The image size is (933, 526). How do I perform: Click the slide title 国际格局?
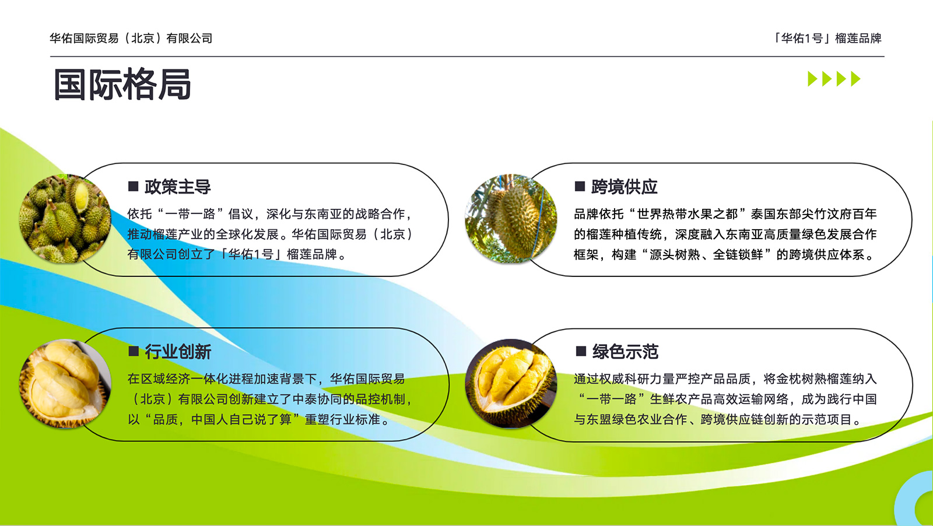[122, 85]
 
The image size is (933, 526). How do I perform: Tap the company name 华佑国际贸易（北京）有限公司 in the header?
[131, 38]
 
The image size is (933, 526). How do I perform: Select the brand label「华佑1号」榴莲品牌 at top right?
[827, 38]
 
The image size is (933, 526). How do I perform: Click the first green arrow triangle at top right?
[812, 79]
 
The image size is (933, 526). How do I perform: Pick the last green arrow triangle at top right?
[855, 79]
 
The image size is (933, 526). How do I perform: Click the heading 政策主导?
[178, 187]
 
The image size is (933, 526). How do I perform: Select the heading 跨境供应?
[624, 187]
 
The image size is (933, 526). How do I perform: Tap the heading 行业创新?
[178, 352]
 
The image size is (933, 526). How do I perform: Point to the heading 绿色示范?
[625, 352]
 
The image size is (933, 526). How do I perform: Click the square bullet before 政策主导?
[134, 186]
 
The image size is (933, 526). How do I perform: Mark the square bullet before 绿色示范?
[581, 351]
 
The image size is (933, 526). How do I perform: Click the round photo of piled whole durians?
[65, 219]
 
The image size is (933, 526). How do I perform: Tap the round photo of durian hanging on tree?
[511, 219]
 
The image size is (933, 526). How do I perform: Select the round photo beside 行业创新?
[65, 384]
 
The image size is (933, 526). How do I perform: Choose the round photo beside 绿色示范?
[511, 384]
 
